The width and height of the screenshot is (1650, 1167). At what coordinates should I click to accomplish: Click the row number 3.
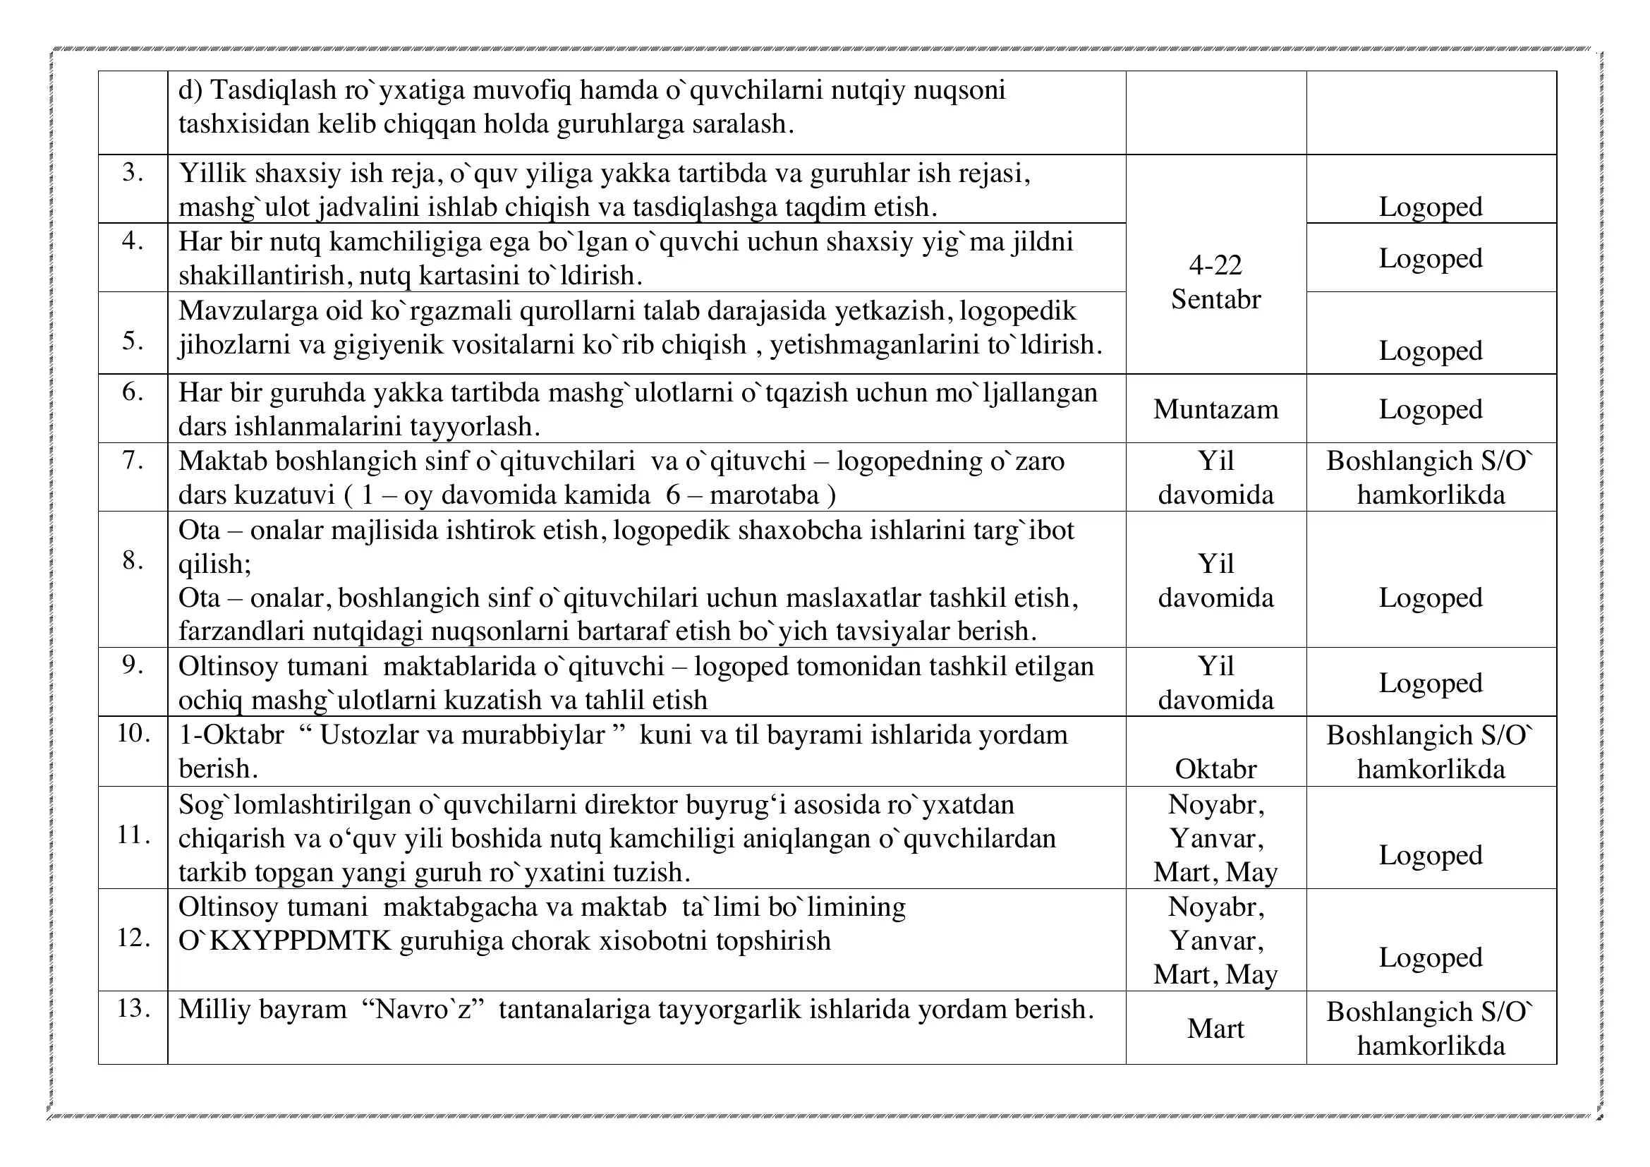pos(132,172)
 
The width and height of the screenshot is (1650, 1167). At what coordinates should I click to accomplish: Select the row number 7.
pos(132,460)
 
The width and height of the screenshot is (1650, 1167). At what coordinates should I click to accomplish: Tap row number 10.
pos(133,734)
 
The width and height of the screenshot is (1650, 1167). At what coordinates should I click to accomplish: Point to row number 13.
pos(133,1008)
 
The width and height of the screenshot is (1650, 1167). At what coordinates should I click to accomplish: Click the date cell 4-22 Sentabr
pos(1215,282)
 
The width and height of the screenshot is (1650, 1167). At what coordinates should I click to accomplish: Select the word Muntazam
pos(1215,409)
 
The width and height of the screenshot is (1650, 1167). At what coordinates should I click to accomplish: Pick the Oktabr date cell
pos(1215,769)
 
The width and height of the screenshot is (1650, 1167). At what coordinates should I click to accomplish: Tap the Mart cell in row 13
pos(1215,1028)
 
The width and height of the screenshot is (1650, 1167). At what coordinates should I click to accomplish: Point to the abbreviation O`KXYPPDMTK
pos(284,941)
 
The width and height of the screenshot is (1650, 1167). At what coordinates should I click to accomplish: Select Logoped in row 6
pos(1430,410)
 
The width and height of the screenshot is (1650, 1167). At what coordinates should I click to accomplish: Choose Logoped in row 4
pos(1430,259)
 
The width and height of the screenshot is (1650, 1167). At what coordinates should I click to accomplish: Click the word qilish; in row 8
pos(214,565)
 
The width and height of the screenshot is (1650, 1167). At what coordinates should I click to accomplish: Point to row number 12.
pos(133,938)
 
